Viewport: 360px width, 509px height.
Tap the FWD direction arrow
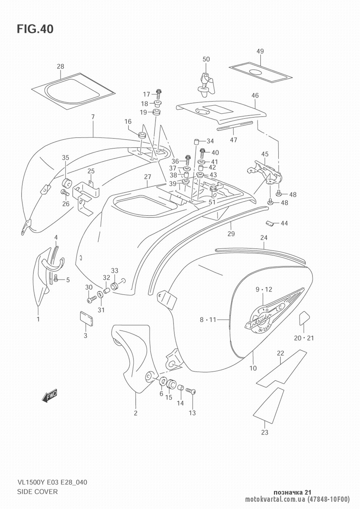[50, 396]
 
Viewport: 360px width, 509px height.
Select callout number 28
[60, 67]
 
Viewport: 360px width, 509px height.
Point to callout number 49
[260, 51]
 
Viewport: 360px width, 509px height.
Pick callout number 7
[93, 117]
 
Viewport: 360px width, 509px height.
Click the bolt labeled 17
[158, 93]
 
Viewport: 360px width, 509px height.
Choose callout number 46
[255, 96]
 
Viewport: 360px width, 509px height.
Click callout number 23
[265, 433]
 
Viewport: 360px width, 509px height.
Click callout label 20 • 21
[304, 338]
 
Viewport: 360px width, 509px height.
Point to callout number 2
[136, 413]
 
